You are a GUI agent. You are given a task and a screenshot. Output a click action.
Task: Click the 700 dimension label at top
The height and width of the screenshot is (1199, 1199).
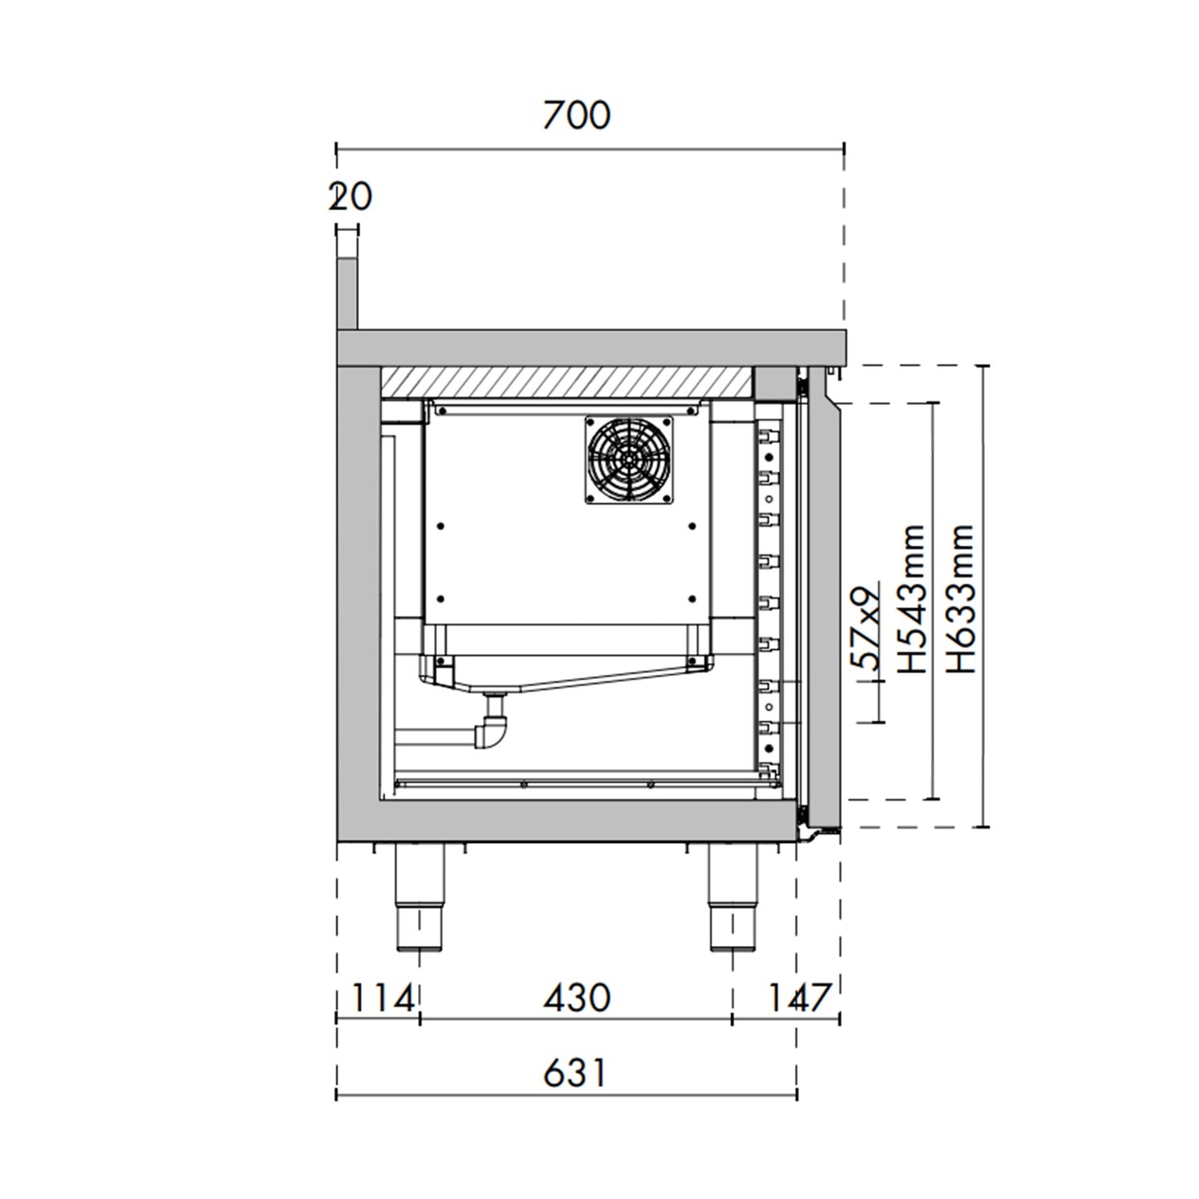click(x=577, y=115)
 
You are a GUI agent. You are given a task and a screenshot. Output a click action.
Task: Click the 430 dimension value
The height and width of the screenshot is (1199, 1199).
click(x=577, y=998)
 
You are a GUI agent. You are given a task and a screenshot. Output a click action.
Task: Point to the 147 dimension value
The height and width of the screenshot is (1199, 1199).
click(x=797, y=998)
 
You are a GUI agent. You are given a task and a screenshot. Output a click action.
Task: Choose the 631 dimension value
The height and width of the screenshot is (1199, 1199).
click(x=575, y=1073)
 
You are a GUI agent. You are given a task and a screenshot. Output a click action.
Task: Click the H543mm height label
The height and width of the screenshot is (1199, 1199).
click(x=912, y=598)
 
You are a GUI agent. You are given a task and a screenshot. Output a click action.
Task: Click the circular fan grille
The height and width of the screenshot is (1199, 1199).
click(x=628, y=460)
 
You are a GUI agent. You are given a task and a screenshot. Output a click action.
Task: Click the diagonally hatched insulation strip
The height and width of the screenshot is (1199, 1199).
click(x=567, y=381)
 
